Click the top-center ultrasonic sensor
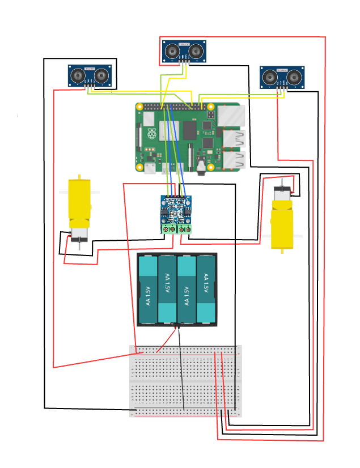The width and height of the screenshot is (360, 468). pos(184,51)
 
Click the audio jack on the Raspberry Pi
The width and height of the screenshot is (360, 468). pos(202,164)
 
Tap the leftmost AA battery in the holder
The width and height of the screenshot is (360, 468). pos(147,289)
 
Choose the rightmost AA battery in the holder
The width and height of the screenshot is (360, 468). pos(206,289)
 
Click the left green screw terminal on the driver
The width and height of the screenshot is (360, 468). pos(168,229)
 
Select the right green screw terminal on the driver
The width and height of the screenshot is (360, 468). pos(184,229)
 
